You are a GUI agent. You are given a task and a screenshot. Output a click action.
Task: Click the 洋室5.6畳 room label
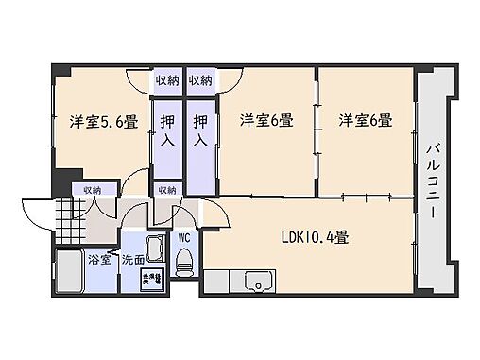pos(103,121)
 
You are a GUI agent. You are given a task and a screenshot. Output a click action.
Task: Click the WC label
pos(185,237)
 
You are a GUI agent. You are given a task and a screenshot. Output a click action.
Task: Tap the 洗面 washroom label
pos(132,259)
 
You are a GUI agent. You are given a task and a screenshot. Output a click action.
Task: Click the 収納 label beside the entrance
pos(93,190)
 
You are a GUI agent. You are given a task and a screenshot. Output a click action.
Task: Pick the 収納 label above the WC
pos(167,190)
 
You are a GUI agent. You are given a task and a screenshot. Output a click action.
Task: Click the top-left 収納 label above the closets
pos(167,79)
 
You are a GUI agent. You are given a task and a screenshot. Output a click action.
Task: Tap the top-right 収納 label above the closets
pos(199,79)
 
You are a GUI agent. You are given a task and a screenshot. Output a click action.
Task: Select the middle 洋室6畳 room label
pos(265,120)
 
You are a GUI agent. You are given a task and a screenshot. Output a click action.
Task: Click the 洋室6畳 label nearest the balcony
pos(367,120)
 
